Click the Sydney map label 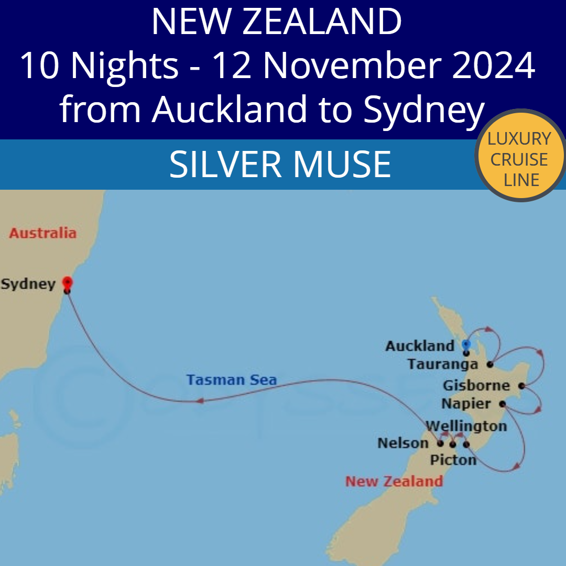(28, 284)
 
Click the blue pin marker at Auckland (466, 345)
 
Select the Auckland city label (420, 346)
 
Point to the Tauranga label (443, 364)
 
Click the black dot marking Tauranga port (490, 364)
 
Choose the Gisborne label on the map (476, 386)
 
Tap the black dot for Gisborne (521, 386)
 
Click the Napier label (466, 404)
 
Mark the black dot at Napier (502, 404)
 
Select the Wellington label (466, 426)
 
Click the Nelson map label (403, 443)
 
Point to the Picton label (453, 460)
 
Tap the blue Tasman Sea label (231, 379)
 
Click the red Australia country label (42, 233)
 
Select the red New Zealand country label (394, 481)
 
